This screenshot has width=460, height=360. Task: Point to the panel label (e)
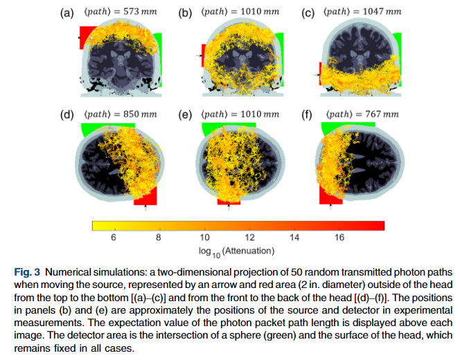point(186,114)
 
